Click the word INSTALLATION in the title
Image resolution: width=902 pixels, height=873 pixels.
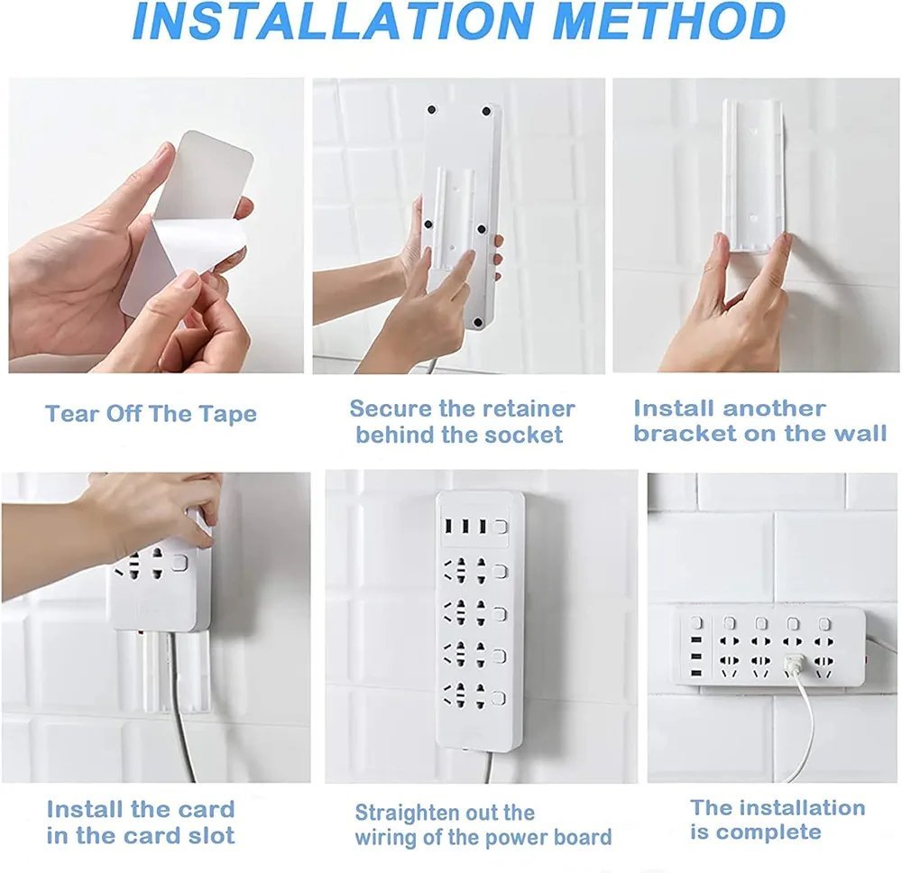(x=334, y=22)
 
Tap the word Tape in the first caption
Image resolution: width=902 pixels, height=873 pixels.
(x=228, y=415)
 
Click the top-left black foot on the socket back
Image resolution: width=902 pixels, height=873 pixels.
(x=431, y=109)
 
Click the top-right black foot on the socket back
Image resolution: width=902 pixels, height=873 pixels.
(x=486, y=111)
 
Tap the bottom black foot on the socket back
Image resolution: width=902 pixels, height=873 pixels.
(x=477, y=323)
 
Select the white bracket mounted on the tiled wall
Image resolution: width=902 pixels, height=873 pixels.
(x=753, y=175)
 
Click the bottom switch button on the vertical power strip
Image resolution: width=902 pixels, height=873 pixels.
(x=500, y=699)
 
